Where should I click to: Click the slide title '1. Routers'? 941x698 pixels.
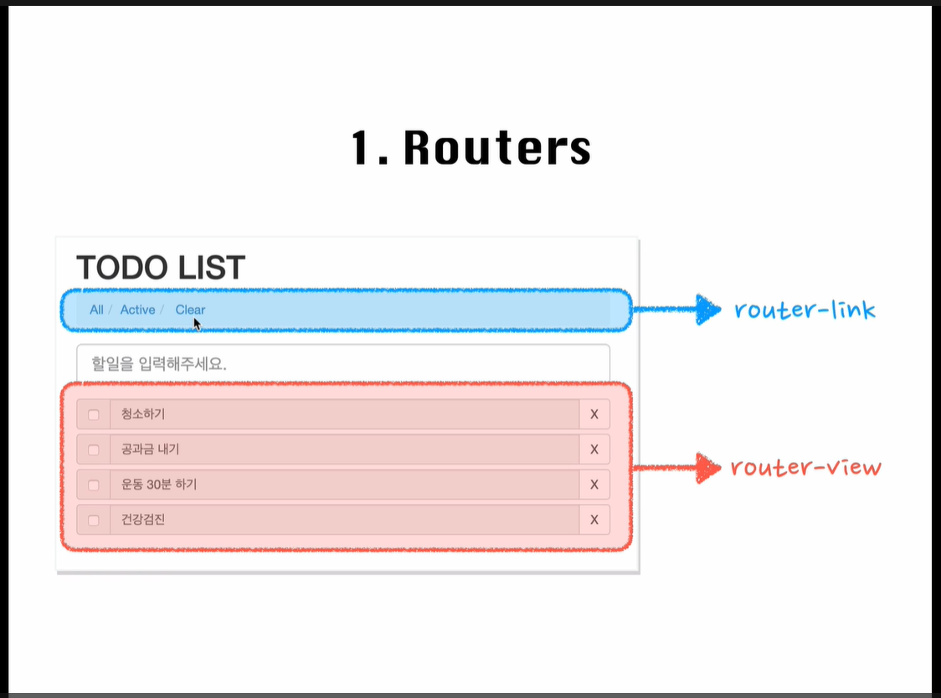click(471, 147)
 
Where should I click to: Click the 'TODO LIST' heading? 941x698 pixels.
click(161, 268)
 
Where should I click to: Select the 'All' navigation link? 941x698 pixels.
click(96, 310)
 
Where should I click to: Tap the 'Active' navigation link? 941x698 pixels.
click(137, 310)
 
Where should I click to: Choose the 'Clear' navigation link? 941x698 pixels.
click(190, 310)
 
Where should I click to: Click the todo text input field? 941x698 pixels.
click(343, 363)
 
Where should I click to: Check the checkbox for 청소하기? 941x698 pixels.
click(94, 415)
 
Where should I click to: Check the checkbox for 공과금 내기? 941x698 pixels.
click(94, 449)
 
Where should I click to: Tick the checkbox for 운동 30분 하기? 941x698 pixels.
click(94, 485)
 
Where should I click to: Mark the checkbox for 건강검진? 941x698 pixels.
click(94, 520)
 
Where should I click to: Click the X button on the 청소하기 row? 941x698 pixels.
click(594, 414)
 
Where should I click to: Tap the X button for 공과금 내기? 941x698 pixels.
click(594, 449)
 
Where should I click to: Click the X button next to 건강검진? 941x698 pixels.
click(594, 520)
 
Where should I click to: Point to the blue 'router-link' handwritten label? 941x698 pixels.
click(805, 309)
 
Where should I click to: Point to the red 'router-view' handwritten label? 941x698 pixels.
click(806, 467)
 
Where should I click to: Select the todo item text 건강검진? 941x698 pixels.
click(143, 520)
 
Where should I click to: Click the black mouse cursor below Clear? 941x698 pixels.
click(197, 324)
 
